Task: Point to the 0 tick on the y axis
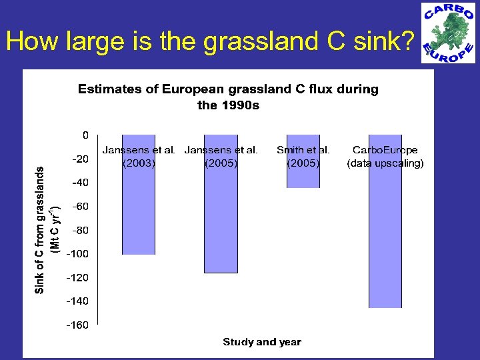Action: pos(85,135)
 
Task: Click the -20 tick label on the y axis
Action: pos(81,159)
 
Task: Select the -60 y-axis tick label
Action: pos(81,206)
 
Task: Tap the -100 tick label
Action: pos(79,253)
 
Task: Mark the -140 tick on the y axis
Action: pos(79,301)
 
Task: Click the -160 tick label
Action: pos(79,325)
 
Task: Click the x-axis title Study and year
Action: pos(261,342)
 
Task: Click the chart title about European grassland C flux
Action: pos(228,97)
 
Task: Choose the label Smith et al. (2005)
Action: pos(303,157)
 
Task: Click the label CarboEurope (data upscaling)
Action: pos(385,157)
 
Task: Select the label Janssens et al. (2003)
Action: pos(139,157)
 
